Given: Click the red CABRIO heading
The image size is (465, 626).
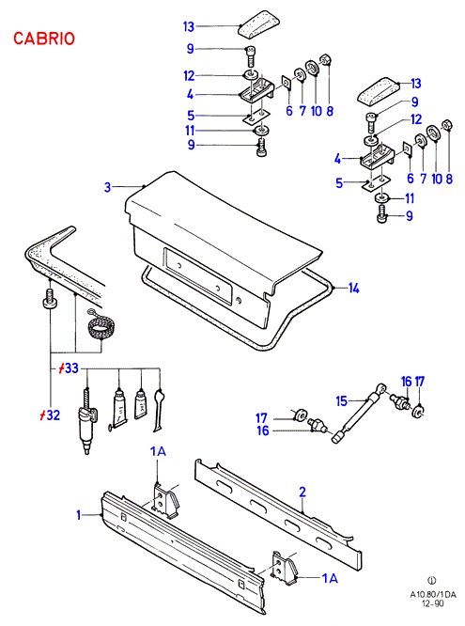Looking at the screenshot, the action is (x=44, y=39).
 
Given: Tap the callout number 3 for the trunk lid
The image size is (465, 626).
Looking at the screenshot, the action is (x=107, y=187).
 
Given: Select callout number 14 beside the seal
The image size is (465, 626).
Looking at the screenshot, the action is (x=353, y=288).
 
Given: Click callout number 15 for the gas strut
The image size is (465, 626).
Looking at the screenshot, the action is (x=342, y=400).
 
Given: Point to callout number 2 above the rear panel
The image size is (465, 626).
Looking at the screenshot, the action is (x=302, y=492).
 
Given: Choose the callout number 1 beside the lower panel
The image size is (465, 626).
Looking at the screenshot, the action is (x=79, y=515).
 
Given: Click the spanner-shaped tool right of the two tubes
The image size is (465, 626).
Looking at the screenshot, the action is (x=158, y=410).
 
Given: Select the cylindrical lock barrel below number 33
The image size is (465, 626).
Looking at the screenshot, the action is (x=87, y=423).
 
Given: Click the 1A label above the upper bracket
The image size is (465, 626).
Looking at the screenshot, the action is (x=158, y=451).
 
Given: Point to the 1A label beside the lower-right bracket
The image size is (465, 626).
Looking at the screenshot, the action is (x=330, y=578).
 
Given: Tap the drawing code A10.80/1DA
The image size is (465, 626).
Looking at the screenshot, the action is (x=433, y=594).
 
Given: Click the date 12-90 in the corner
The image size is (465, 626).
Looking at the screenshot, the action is (x=433, y=603).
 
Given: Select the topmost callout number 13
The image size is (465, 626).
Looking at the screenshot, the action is (x=189, y=26).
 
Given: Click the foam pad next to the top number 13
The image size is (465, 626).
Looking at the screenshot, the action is (x=257, y=24).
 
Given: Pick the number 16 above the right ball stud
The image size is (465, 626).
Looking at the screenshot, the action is (x=407, y=382).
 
